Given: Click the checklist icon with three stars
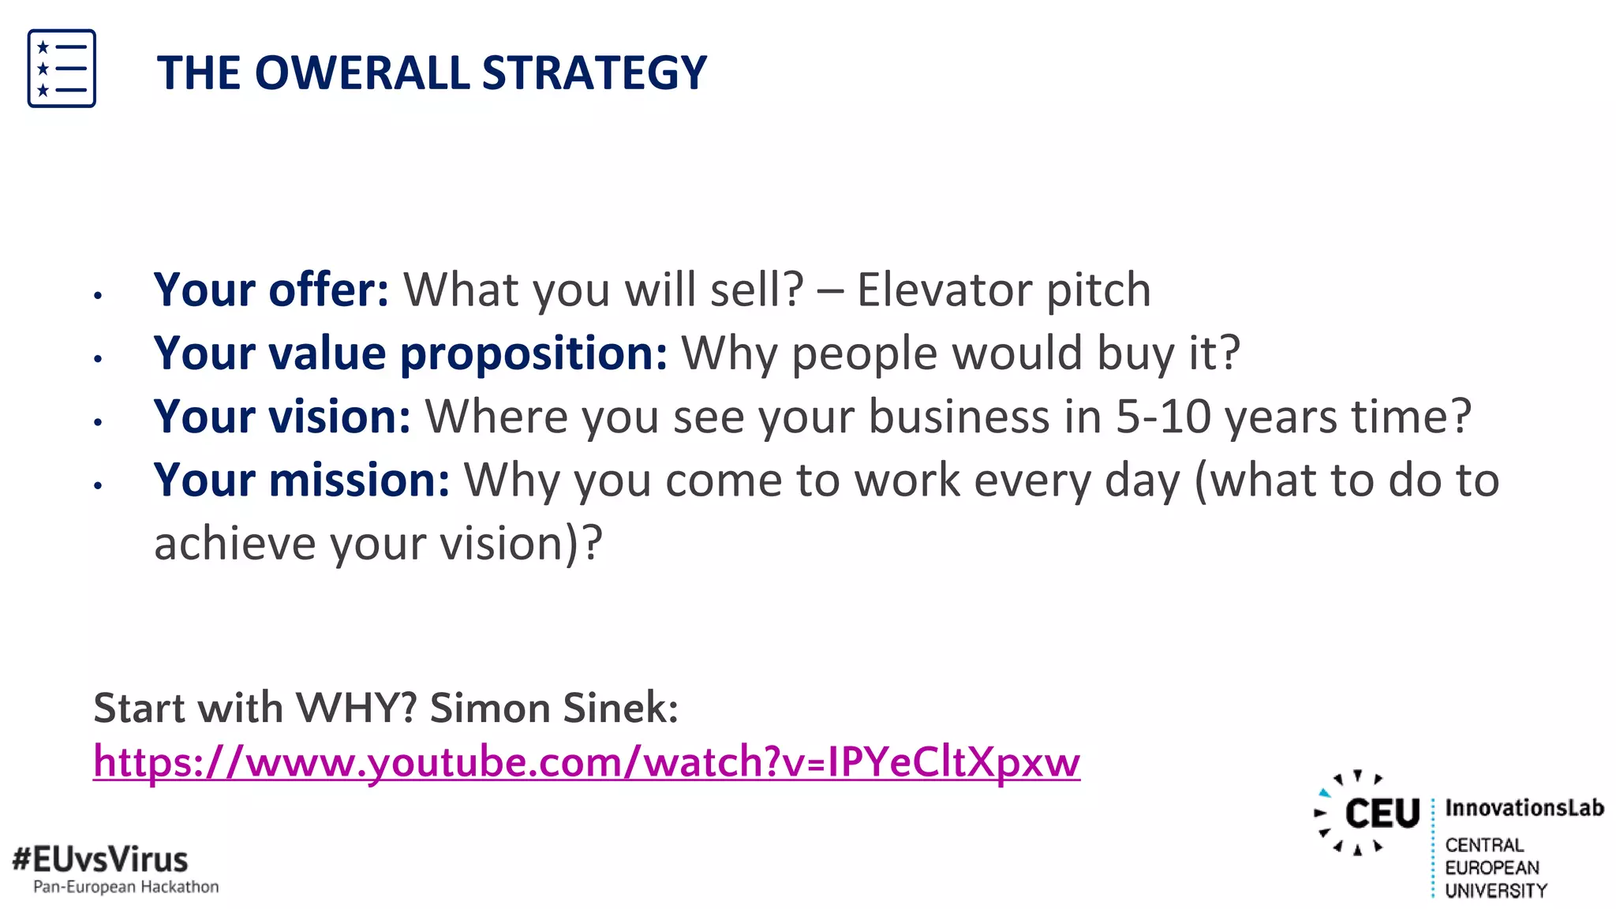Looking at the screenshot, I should point(62,69).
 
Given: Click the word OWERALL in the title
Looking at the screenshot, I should point(362,73).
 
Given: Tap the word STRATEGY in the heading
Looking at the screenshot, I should point(594,73).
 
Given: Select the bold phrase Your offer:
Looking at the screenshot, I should point(271,290).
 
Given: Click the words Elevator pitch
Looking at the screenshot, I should point(1004,290).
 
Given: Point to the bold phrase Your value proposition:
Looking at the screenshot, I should point(410,353).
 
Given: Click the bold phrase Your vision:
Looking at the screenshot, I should point(282,416).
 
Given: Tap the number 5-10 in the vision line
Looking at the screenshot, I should point(1163,416).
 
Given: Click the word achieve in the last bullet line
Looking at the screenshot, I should point(234,544).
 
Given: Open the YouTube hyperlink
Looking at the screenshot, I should point(586,761).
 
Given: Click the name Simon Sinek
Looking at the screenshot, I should point(554,707).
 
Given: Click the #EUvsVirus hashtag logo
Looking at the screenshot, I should point(100,858).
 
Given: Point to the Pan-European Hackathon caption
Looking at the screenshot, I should point(126,887).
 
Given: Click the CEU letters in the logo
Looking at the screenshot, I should point(1382,814).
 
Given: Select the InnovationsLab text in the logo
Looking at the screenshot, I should point(1524,808).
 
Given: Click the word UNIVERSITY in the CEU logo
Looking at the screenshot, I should point(1495,891).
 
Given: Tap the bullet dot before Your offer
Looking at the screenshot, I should point(98,296).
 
